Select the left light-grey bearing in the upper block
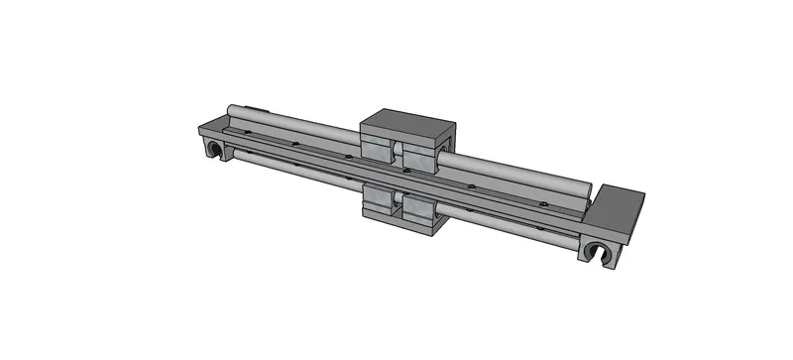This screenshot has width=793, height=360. pos(377,150)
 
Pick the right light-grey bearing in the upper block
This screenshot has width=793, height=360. pos(420,158)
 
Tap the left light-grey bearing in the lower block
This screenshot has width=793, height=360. pos(379,205)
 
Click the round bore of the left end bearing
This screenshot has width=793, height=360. pos(212,150)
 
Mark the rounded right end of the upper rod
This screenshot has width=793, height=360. pos(587,188)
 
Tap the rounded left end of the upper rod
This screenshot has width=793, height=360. pos(231,111)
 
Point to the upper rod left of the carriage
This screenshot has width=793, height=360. pos(297,122)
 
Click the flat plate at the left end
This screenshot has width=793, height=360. pos(213,128)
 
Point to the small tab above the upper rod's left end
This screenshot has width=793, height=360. pos(254,106)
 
